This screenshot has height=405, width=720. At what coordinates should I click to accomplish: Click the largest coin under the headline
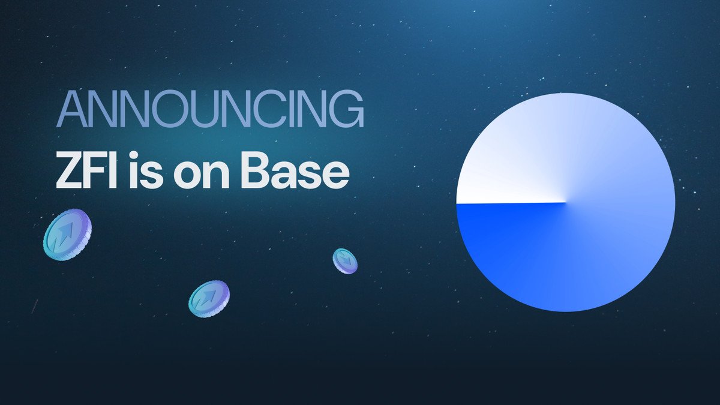click(67, 235)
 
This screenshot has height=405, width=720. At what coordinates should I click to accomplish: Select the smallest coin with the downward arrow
click(345, 261)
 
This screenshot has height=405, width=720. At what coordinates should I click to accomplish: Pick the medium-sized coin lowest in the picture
click(209, 299)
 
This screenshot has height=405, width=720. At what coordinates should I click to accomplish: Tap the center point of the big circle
click(565, 202)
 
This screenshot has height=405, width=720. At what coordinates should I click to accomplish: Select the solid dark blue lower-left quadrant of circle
click(510, 246)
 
